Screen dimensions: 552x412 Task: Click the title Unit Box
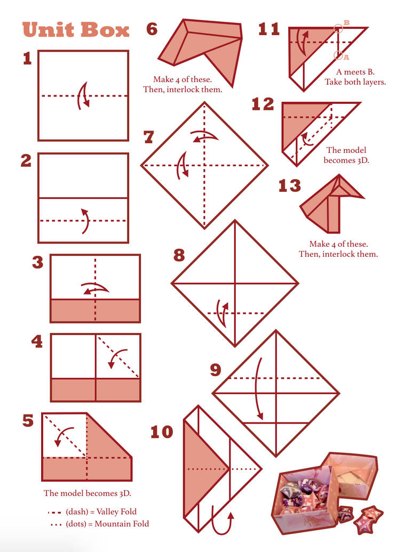click(76, 30)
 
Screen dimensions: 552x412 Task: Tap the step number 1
click(27, 59)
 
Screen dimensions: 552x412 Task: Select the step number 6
click(152, 29)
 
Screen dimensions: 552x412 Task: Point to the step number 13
click(289, 186)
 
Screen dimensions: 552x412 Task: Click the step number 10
click(162, 432)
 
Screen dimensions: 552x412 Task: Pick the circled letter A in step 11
click(338, 55)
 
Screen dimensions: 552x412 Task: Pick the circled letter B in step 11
click(338, 27)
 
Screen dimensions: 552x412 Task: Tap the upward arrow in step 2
click(84, 220)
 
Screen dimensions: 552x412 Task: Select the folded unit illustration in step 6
click(200, 48)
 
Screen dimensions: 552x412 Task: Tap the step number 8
click(179, 255)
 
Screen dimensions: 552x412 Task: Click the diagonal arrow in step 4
click(117, 358)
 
